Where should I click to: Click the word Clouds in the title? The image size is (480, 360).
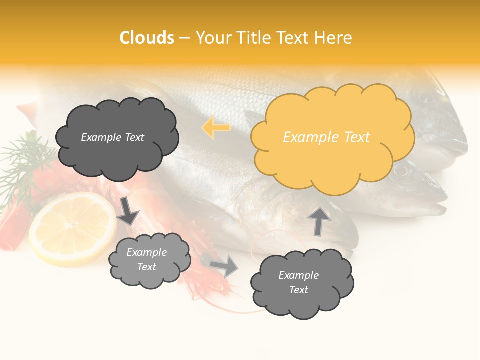147,38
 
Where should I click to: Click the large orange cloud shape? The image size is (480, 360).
332,150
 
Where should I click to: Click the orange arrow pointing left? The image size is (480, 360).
216,128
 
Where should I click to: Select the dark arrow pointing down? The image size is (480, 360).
128,210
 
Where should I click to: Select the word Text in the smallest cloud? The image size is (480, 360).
147,267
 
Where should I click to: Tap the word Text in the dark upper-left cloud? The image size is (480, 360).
133,137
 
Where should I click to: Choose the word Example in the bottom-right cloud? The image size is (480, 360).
298,275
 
